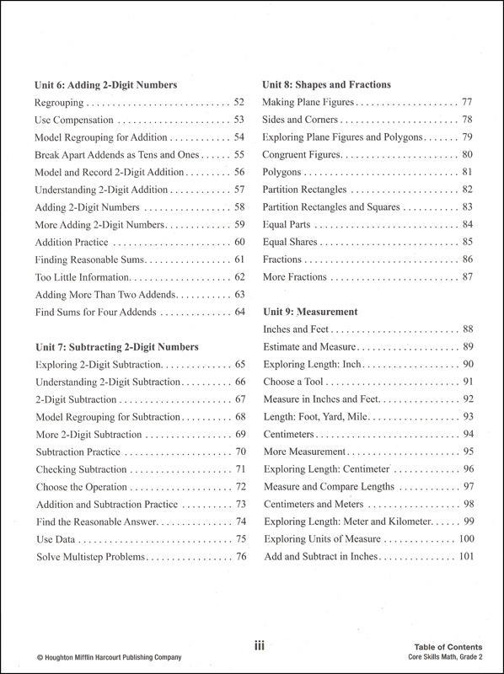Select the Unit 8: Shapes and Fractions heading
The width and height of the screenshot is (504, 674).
pyautogui.click(x=327, y=84)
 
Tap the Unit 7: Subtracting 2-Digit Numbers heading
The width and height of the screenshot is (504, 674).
pyautogui.click(x=116, y=346)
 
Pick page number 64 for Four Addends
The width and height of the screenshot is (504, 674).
pyautogui.click(x=239, y=313)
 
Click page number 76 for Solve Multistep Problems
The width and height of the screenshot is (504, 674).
pyautogui.click(x=239, y=557)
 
